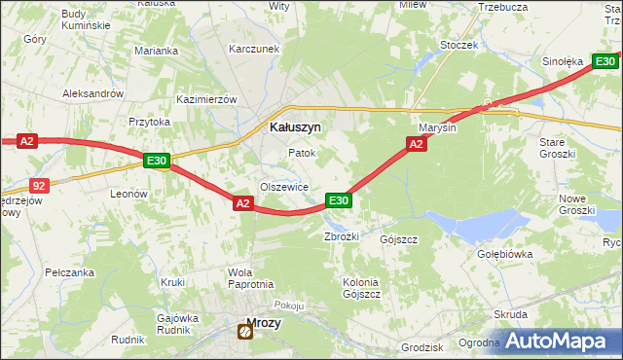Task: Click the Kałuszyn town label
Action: click(295, 126)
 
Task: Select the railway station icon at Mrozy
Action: click(244, 332)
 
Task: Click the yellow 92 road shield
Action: click(39, 184)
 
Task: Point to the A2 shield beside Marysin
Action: click(416, 144)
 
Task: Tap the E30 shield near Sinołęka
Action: click(605, 62)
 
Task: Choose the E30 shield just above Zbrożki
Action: click(338, 200)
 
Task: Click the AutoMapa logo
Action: click(560, 342)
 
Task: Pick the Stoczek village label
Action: click(458, 45)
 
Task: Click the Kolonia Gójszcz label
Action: click(361, 287)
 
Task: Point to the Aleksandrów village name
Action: click(92, 93)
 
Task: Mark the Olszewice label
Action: click(284, 187)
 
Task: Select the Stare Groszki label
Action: click(559, 148)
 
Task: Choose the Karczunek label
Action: click(254, 49)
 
